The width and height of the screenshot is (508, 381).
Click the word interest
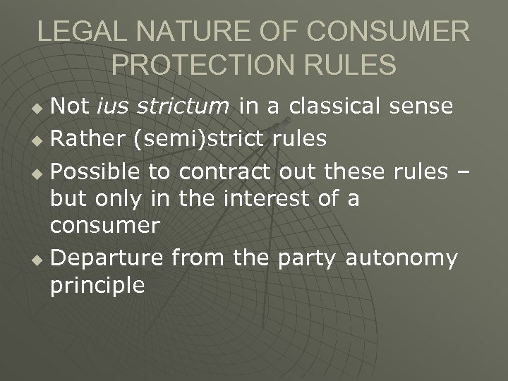click(x=264, y=199)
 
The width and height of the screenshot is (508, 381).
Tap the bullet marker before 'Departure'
click(x=40, y=260)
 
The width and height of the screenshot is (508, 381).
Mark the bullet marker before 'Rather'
click(x=40, y=140)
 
